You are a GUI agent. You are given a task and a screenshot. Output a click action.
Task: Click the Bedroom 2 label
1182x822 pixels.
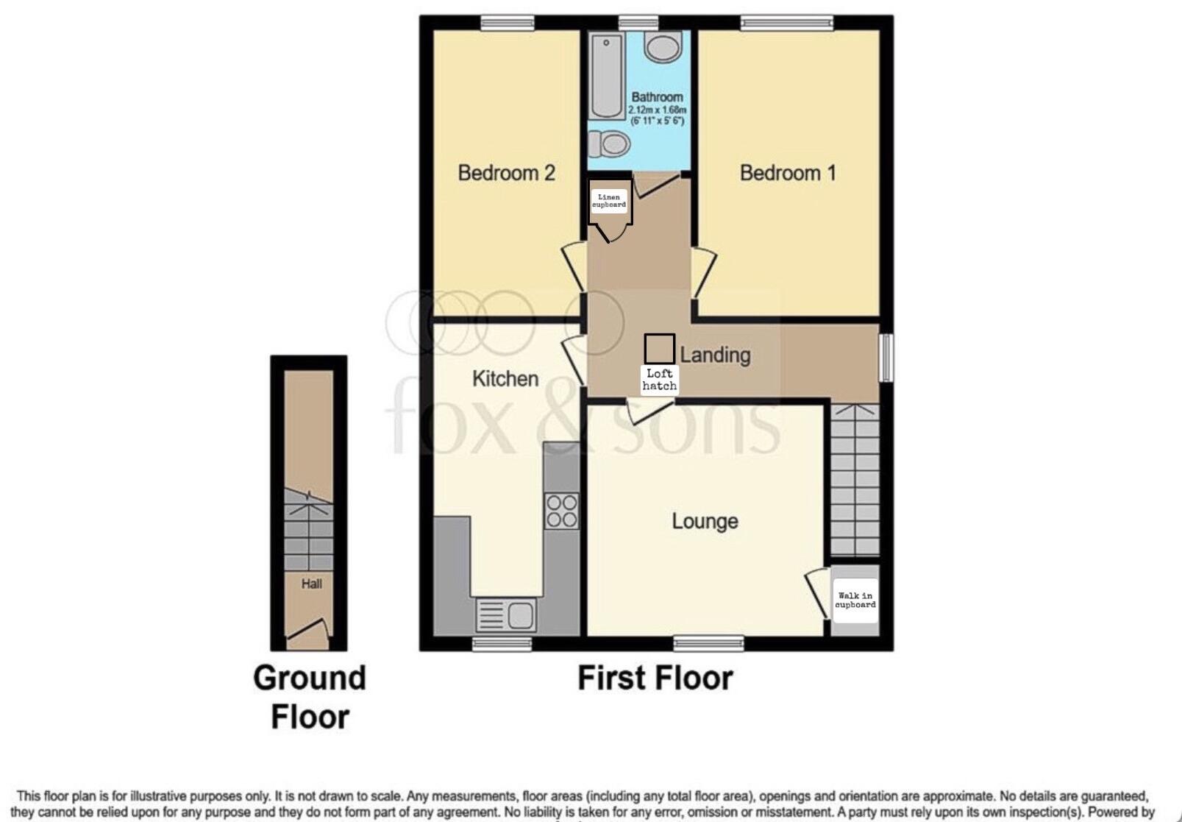[506, 173]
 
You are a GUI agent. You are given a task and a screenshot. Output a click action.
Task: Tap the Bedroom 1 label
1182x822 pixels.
[787, 173]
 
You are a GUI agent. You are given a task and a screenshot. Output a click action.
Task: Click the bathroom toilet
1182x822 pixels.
[610, 144]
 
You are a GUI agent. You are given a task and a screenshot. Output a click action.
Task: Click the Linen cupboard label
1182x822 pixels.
[609, 201]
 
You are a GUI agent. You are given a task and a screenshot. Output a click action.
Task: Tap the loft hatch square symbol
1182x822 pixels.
[659, 348]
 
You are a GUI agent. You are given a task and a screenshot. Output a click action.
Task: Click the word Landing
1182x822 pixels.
[715, 355]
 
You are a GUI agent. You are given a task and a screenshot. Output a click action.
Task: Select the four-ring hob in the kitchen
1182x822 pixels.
[561, 511]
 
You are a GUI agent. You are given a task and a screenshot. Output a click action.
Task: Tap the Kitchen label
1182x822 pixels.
[505, 378]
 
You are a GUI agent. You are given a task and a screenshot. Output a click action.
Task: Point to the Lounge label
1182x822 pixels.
[705, 521]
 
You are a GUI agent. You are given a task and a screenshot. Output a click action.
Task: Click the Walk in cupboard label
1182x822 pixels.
[855, 600]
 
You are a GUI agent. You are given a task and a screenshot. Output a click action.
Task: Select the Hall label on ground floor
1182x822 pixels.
[311, 584]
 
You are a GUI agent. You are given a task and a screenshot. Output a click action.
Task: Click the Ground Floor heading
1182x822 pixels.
[310, 696]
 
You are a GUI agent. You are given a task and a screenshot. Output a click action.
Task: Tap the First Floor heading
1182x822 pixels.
[655, 678]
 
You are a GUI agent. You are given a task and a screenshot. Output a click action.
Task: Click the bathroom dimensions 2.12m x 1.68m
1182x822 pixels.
[657, 110]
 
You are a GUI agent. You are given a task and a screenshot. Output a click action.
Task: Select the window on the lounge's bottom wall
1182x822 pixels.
[708, 644]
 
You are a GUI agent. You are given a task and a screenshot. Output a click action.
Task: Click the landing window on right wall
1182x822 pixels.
[886, 358]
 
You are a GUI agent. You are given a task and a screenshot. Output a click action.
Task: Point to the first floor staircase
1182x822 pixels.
[855, 478]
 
